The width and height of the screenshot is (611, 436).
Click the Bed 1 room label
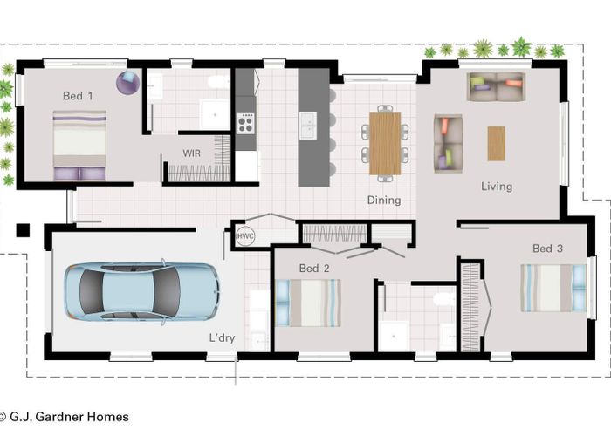78,96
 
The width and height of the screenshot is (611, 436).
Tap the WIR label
192,153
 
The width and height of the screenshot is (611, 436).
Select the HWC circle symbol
245,236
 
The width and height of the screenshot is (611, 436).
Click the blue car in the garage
141,291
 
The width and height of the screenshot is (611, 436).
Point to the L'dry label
222,337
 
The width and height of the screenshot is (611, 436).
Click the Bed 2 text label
314,269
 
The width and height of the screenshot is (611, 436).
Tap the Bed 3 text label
547,249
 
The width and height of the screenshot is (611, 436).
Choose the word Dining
384,200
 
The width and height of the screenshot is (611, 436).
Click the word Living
497,187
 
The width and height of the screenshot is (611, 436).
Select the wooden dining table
385,144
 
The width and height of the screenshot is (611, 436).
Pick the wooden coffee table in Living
496,143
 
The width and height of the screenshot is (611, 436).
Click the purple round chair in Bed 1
127,82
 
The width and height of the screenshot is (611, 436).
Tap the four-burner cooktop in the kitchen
245,124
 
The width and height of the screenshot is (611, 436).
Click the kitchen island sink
308,125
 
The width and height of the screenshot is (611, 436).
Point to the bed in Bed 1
79,146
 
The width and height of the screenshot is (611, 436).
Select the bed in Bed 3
553,288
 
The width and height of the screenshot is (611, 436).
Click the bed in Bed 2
308,303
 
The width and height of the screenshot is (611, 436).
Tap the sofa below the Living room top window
496,86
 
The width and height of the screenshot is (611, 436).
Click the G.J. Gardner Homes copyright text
65,417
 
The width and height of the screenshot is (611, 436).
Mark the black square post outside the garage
23,230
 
